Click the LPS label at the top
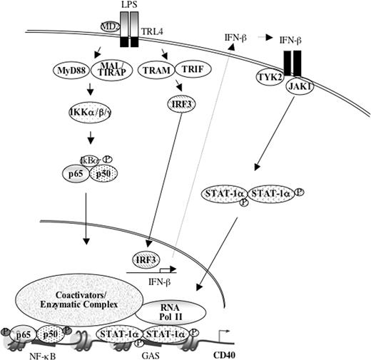(x=128, y=8)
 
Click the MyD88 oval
(x=71, y=71)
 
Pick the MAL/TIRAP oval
(x=108, y=71)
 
